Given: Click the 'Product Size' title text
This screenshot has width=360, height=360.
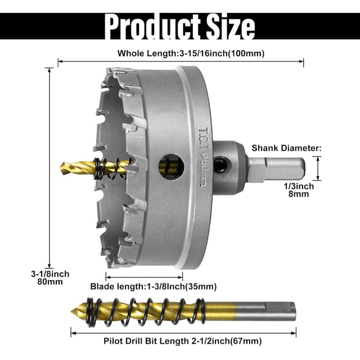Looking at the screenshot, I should (180, 26).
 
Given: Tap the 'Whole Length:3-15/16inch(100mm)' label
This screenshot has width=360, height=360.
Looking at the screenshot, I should (191, 53).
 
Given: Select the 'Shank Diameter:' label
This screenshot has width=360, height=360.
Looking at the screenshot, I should (286, 148).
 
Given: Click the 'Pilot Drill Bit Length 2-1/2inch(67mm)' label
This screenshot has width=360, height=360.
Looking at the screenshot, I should (183, 340).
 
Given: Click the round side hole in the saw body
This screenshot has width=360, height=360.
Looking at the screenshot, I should (171, 166).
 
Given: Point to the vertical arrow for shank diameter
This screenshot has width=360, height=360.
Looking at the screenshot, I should (318, 168).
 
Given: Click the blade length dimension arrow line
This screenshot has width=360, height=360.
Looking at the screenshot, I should (144, 276).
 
